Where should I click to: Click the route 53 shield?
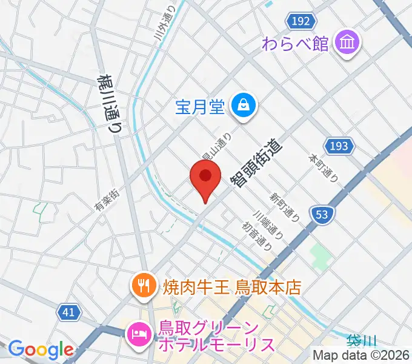pos(322,214)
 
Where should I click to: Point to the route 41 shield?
pos(70,312)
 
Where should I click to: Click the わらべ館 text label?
pos(296,44)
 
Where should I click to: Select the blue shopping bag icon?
pos(245,107)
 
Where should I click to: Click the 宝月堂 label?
pos(200,108)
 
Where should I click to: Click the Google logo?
pos(41,349)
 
